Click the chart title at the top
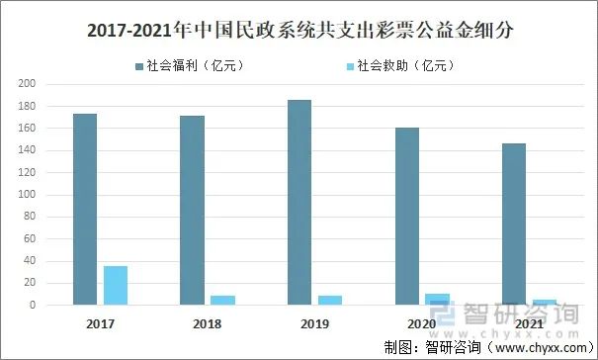click(x=299, y=31)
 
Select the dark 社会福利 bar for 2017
click(x=85, y=209)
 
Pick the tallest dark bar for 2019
click(x=299, y=202)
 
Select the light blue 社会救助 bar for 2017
click(x=116, y=285)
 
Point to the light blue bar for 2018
click(x=223, y=300)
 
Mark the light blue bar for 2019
click(x=330, y=300)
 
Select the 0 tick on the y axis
click(x=33, y=305)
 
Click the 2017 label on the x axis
click(x=99, y=322)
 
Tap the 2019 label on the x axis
click(x=314, y=322)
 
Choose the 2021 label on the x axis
click(x=529, y=322)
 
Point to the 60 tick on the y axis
click(x=30, y=238)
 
